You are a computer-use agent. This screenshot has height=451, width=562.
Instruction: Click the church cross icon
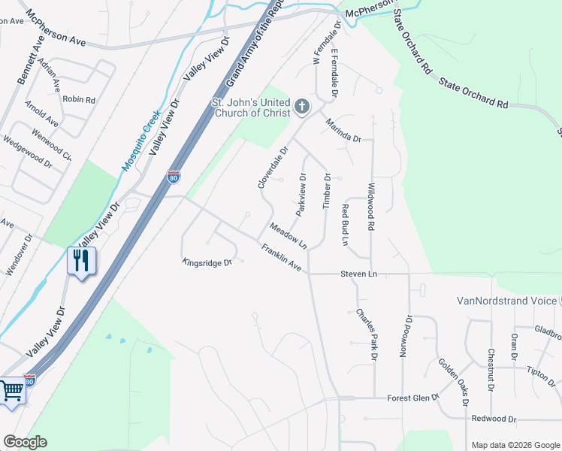pos(302,107)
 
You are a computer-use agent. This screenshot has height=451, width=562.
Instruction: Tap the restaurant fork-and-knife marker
pos(81,261)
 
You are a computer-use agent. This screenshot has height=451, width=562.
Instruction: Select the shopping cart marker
pos(11,390)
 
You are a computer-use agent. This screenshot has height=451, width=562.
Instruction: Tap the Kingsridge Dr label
pos(205,262)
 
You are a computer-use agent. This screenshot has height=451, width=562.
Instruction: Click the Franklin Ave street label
pos(281,258)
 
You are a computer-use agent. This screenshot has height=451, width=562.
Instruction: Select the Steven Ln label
pos(358,274)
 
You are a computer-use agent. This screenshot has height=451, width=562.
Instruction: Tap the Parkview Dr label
pos(301,195)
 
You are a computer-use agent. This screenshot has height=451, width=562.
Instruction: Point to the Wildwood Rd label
pos(370,201)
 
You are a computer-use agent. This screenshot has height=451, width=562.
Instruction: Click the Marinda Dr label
pos(343,132)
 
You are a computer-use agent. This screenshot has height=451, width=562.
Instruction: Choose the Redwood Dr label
pos(494,419)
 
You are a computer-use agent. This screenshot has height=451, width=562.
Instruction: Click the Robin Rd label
pos(79,99)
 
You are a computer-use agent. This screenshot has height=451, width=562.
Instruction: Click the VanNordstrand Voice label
pos(506,301)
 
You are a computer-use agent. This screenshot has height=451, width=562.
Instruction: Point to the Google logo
pos(25,442)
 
